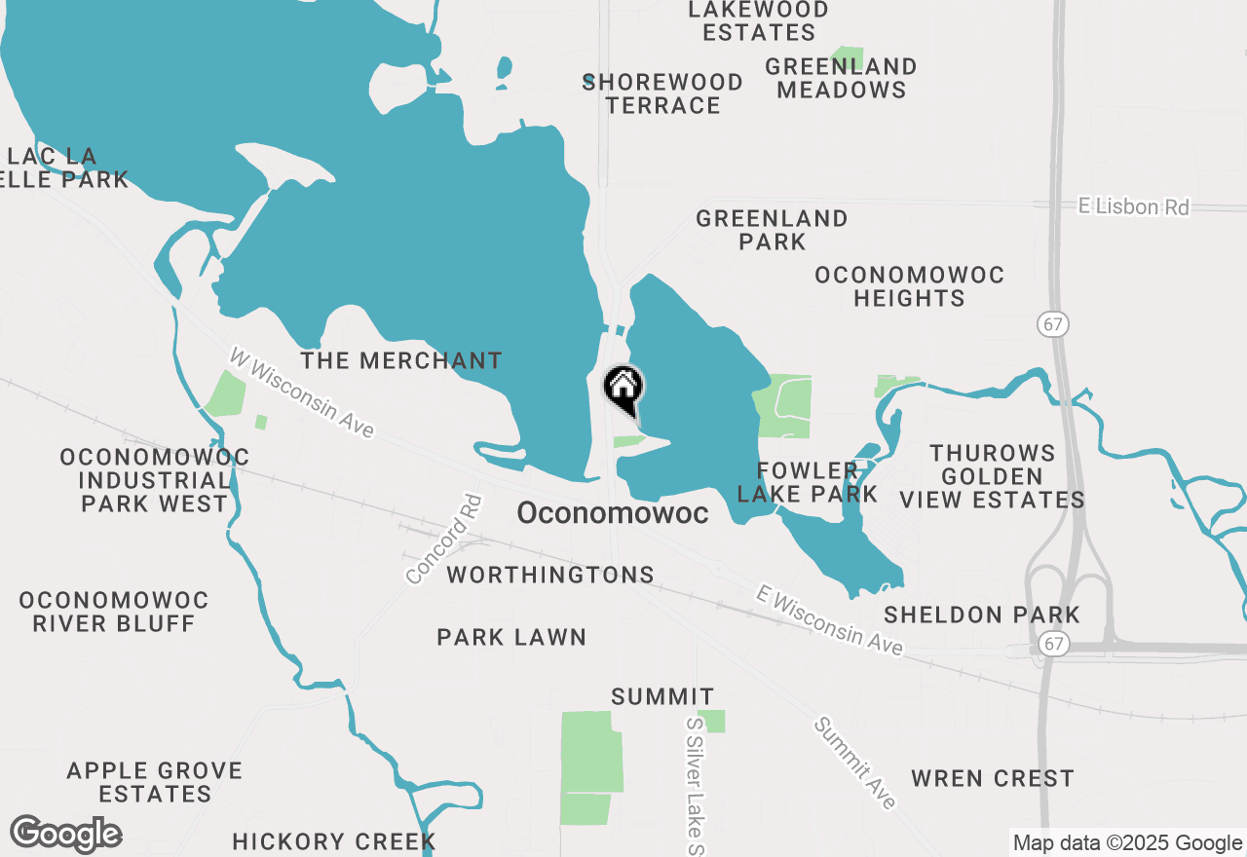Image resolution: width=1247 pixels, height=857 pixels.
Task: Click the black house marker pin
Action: (623, 389)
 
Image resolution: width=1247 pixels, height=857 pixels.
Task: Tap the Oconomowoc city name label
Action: (612, 513)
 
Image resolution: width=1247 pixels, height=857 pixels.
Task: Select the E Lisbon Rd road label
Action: (1134, 206)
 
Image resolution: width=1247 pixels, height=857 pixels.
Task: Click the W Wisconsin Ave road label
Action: (301, 392)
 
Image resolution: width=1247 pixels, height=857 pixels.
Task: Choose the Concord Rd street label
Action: (444, 540)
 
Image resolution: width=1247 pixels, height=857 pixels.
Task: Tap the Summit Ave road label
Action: (854, 763)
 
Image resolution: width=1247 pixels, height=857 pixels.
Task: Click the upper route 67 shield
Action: (1053, 324)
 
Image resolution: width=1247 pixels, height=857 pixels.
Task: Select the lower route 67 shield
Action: (1051, 644)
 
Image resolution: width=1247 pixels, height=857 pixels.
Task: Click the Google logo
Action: (65, 835)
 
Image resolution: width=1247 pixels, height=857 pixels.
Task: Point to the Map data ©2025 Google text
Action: (1127, 843)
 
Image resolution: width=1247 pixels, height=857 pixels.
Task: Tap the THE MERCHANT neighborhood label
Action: (400, 360)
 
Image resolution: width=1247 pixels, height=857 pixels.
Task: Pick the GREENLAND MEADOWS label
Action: (841, 78)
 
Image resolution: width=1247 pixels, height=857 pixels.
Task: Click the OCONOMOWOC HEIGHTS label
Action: (909, 286)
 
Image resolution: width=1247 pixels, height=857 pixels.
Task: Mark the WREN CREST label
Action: (992, 778)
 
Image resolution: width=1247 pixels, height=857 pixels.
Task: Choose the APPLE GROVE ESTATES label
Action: (154, 782)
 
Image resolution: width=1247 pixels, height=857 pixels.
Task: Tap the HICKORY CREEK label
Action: (333, 841)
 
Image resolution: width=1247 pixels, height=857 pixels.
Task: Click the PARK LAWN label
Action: (511, 637)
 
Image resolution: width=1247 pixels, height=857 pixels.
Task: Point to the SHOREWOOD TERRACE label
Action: (662, 93)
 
